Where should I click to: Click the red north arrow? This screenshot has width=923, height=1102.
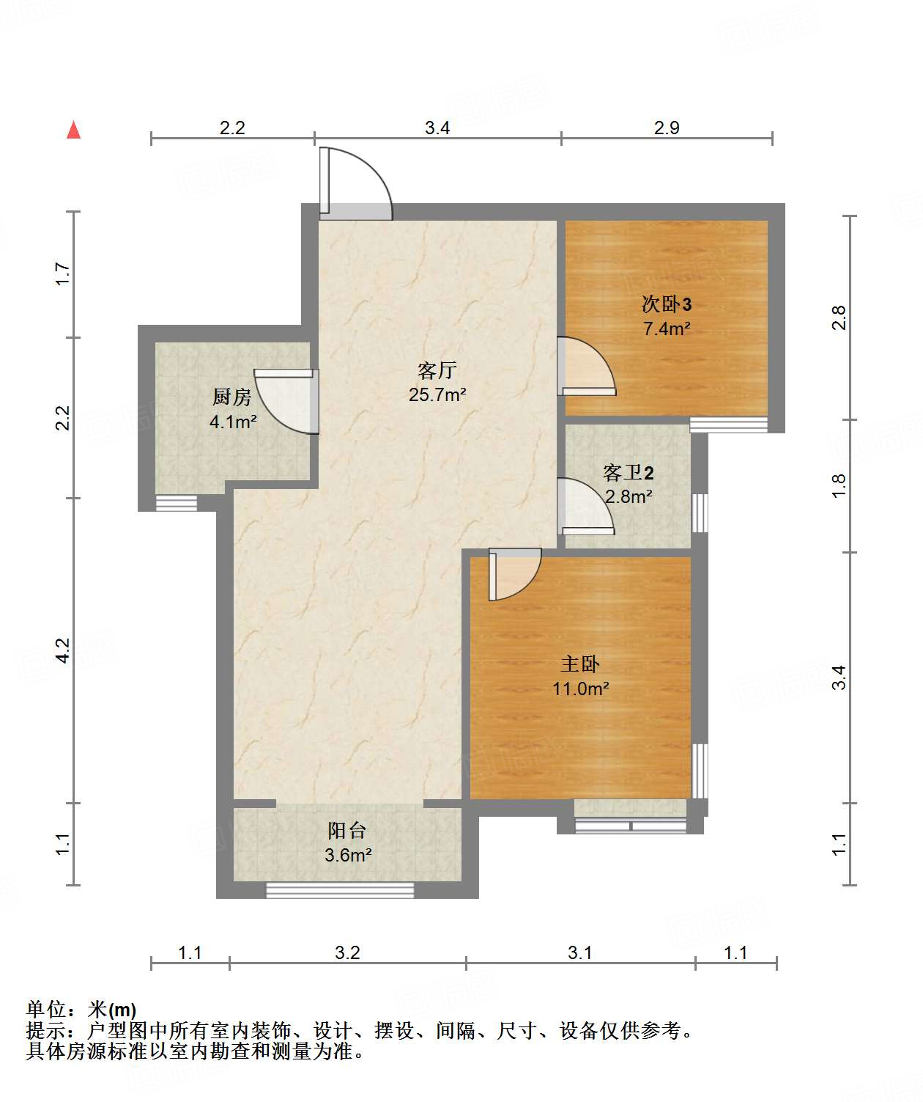point(73,130)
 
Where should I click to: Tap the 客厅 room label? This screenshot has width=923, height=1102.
point(437,370)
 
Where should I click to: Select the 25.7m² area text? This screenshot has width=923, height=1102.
point(437,394)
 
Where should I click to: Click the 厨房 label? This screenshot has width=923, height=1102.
point(232,397)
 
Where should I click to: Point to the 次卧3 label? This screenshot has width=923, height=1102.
point(667,304)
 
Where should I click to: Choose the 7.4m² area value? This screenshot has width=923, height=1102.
point(667,328)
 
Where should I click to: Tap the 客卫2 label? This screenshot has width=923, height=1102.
point(628,472)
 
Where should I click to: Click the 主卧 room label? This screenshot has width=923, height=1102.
point(580,664)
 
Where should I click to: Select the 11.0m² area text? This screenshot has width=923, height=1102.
point(580,688)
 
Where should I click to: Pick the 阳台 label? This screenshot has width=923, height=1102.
point(347,830)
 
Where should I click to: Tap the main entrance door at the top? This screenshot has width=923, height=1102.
point(355,183)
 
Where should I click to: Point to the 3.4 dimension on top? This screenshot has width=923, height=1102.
point(437,128)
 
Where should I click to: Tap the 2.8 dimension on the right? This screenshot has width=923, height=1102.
point(839,317)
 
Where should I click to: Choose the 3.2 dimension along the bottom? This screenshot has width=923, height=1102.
point(347,952)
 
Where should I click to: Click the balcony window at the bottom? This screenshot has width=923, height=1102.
point(340,890)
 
